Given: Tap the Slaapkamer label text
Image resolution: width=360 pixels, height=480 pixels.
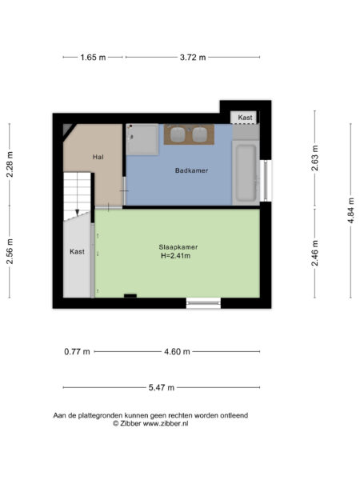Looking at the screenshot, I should pos(178,246).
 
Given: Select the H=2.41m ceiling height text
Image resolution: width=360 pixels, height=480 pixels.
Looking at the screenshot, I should pos(178,256).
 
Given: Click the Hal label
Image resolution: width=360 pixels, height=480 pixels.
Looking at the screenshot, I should pos(98,157).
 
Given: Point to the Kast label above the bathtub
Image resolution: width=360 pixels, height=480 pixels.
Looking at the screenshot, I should pos(245,118).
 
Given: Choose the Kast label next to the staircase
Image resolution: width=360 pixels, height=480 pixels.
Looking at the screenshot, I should pos(78,251).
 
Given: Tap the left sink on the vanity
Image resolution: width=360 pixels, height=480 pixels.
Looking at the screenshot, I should pos(178,134).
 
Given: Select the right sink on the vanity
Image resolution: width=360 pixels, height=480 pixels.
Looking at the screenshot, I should pos(198,134).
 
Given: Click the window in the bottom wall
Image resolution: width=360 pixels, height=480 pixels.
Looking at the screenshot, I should pos(203,302).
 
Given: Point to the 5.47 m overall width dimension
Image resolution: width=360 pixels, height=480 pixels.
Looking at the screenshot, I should pos(162,387).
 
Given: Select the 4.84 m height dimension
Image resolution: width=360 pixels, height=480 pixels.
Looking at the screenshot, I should pos(350,210).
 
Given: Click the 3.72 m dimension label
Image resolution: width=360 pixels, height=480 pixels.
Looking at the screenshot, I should pos(192,58).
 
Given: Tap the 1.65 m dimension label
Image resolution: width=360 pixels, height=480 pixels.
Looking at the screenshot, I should pos(94,58).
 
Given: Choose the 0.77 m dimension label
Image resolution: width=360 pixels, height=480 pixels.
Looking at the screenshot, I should pos(78,351).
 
